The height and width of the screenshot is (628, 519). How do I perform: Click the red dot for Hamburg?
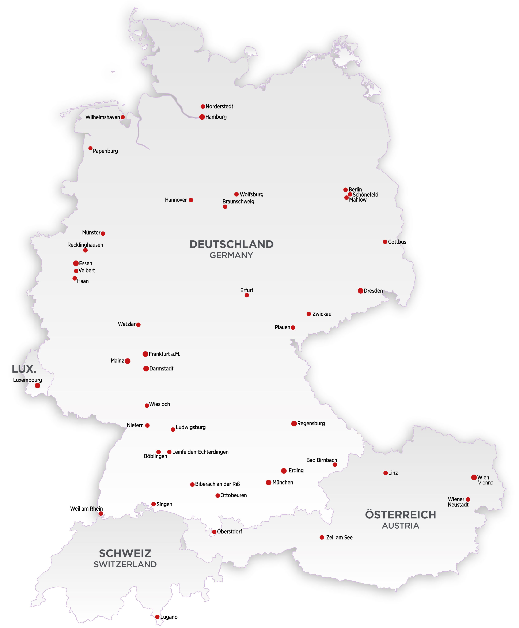tap(202, 117)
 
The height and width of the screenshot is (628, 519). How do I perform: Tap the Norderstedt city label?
tap(219, 106)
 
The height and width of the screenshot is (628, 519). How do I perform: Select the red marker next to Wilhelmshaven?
tap(123, 117)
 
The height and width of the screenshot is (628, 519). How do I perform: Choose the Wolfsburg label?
tap(251, 195)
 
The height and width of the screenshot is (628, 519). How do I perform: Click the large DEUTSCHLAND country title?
tap(231, 244)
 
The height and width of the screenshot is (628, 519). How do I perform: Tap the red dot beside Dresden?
tap(361, 291)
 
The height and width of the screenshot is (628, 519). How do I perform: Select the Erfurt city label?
tap(247, 290)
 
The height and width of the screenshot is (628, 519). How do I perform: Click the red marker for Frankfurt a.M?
tap(145, 354)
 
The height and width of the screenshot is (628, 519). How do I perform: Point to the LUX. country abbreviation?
tap(24, 369)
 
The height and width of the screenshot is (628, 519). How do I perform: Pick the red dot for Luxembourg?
tap(37, 386)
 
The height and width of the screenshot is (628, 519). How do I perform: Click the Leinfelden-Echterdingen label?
tap(200, 452)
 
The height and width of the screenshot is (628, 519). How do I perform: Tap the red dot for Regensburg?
tap(294, 423)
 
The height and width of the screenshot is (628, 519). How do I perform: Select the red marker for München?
tap(268, 482)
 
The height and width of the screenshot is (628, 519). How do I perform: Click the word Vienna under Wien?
tap(485, 483)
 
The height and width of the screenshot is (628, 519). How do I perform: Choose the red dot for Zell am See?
tap(322, 537)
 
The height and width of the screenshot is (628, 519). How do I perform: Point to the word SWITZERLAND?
tap(125, 564)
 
